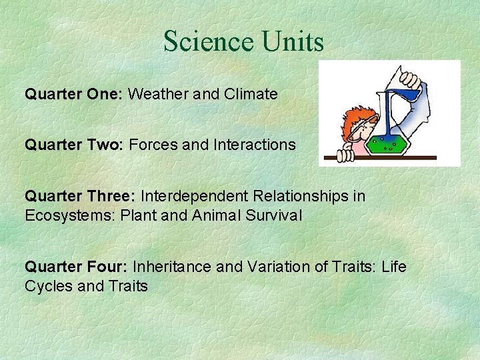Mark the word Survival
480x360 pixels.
pyautogui.click(x=274, y=215)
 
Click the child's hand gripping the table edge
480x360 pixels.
pyautogui.click(x=345, y=156)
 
